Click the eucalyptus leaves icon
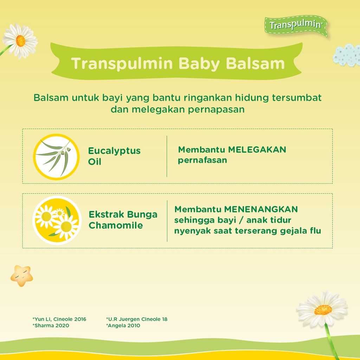point(56,157)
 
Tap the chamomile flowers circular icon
point(57,220)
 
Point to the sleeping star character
point(21,276)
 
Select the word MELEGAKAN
point(257,150)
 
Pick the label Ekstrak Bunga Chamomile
point(123,220)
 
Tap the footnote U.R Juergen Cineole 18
point(137,319)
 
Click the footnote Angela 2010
point(123,326)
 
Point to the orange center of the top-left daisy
point(20,41)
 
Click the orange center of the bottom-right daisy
point(323,310)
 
